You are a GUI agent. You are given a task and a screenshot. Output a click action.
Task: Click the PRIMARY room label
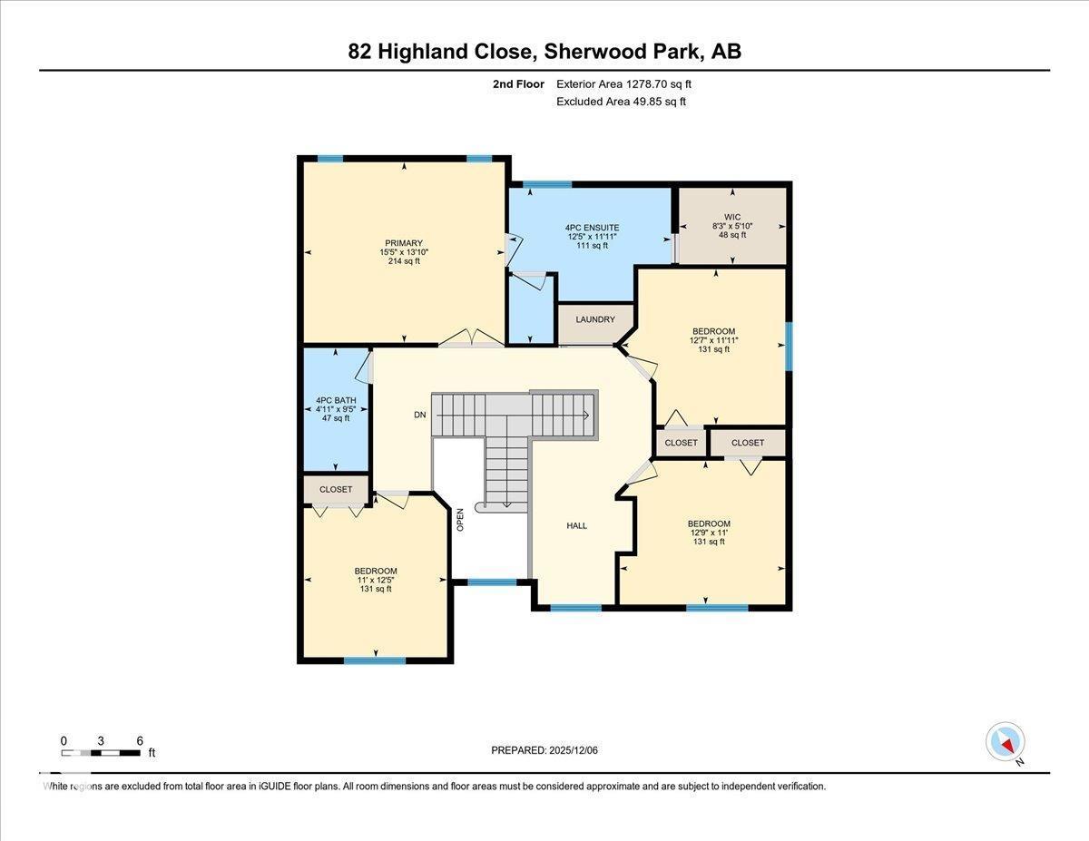coord(403,243)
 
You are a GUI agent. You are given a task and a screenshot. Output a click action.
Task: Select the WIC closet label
coord(732,217)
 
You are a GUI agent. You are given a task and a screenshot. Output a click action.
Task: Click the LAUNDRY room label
coord(594,319)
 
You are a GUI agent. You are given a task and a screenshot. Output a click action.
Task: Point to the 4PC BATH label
coord(335,399)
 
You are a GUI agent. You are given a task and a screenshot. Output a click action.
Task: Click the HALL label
coord(576,525)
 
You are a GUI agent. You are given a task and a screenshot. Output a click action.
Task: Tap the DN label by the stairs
coord(419,415)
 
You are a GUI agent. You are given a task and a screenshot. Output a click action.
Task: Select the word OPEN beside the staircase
coord(460,519)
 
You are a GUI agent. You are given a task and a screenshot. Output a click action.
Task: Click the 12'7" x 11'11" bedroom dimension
coord(714,341)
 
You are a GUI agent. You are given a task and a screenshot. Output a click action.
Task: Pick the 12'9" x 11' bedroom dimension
coord(709,533)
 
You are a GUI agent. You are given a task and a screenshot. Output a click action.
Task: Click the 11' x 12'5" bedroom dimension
coord(375,580)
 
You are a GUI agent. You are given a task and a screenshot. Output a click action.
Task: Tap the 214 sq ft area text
coord(403,261)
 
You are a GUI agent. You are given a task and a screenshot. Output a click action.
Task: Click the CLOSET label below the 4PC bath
coord(335,489)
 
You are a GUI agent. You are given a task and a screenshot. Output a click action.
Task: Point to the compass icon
coord(1005,741)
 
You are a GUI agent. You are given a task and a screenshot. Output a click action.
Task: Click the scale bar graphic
coord(102,752)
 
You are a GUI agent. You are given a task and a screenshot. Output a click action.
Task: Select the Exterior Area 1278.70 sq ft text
coord(623,84)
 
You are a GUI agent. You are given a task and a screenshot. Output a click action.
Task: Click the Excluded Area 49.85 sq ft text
coord(621,102)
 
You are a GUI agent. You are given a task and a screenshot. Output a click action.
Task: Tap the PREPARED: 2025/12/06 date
coord(544,750)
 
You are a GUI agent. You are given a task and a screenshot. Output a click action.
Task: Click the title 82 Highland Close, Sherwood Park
coord(544,52)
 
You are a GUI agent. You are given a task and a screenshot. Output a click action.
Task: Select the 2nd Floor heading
coord(518,84)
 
